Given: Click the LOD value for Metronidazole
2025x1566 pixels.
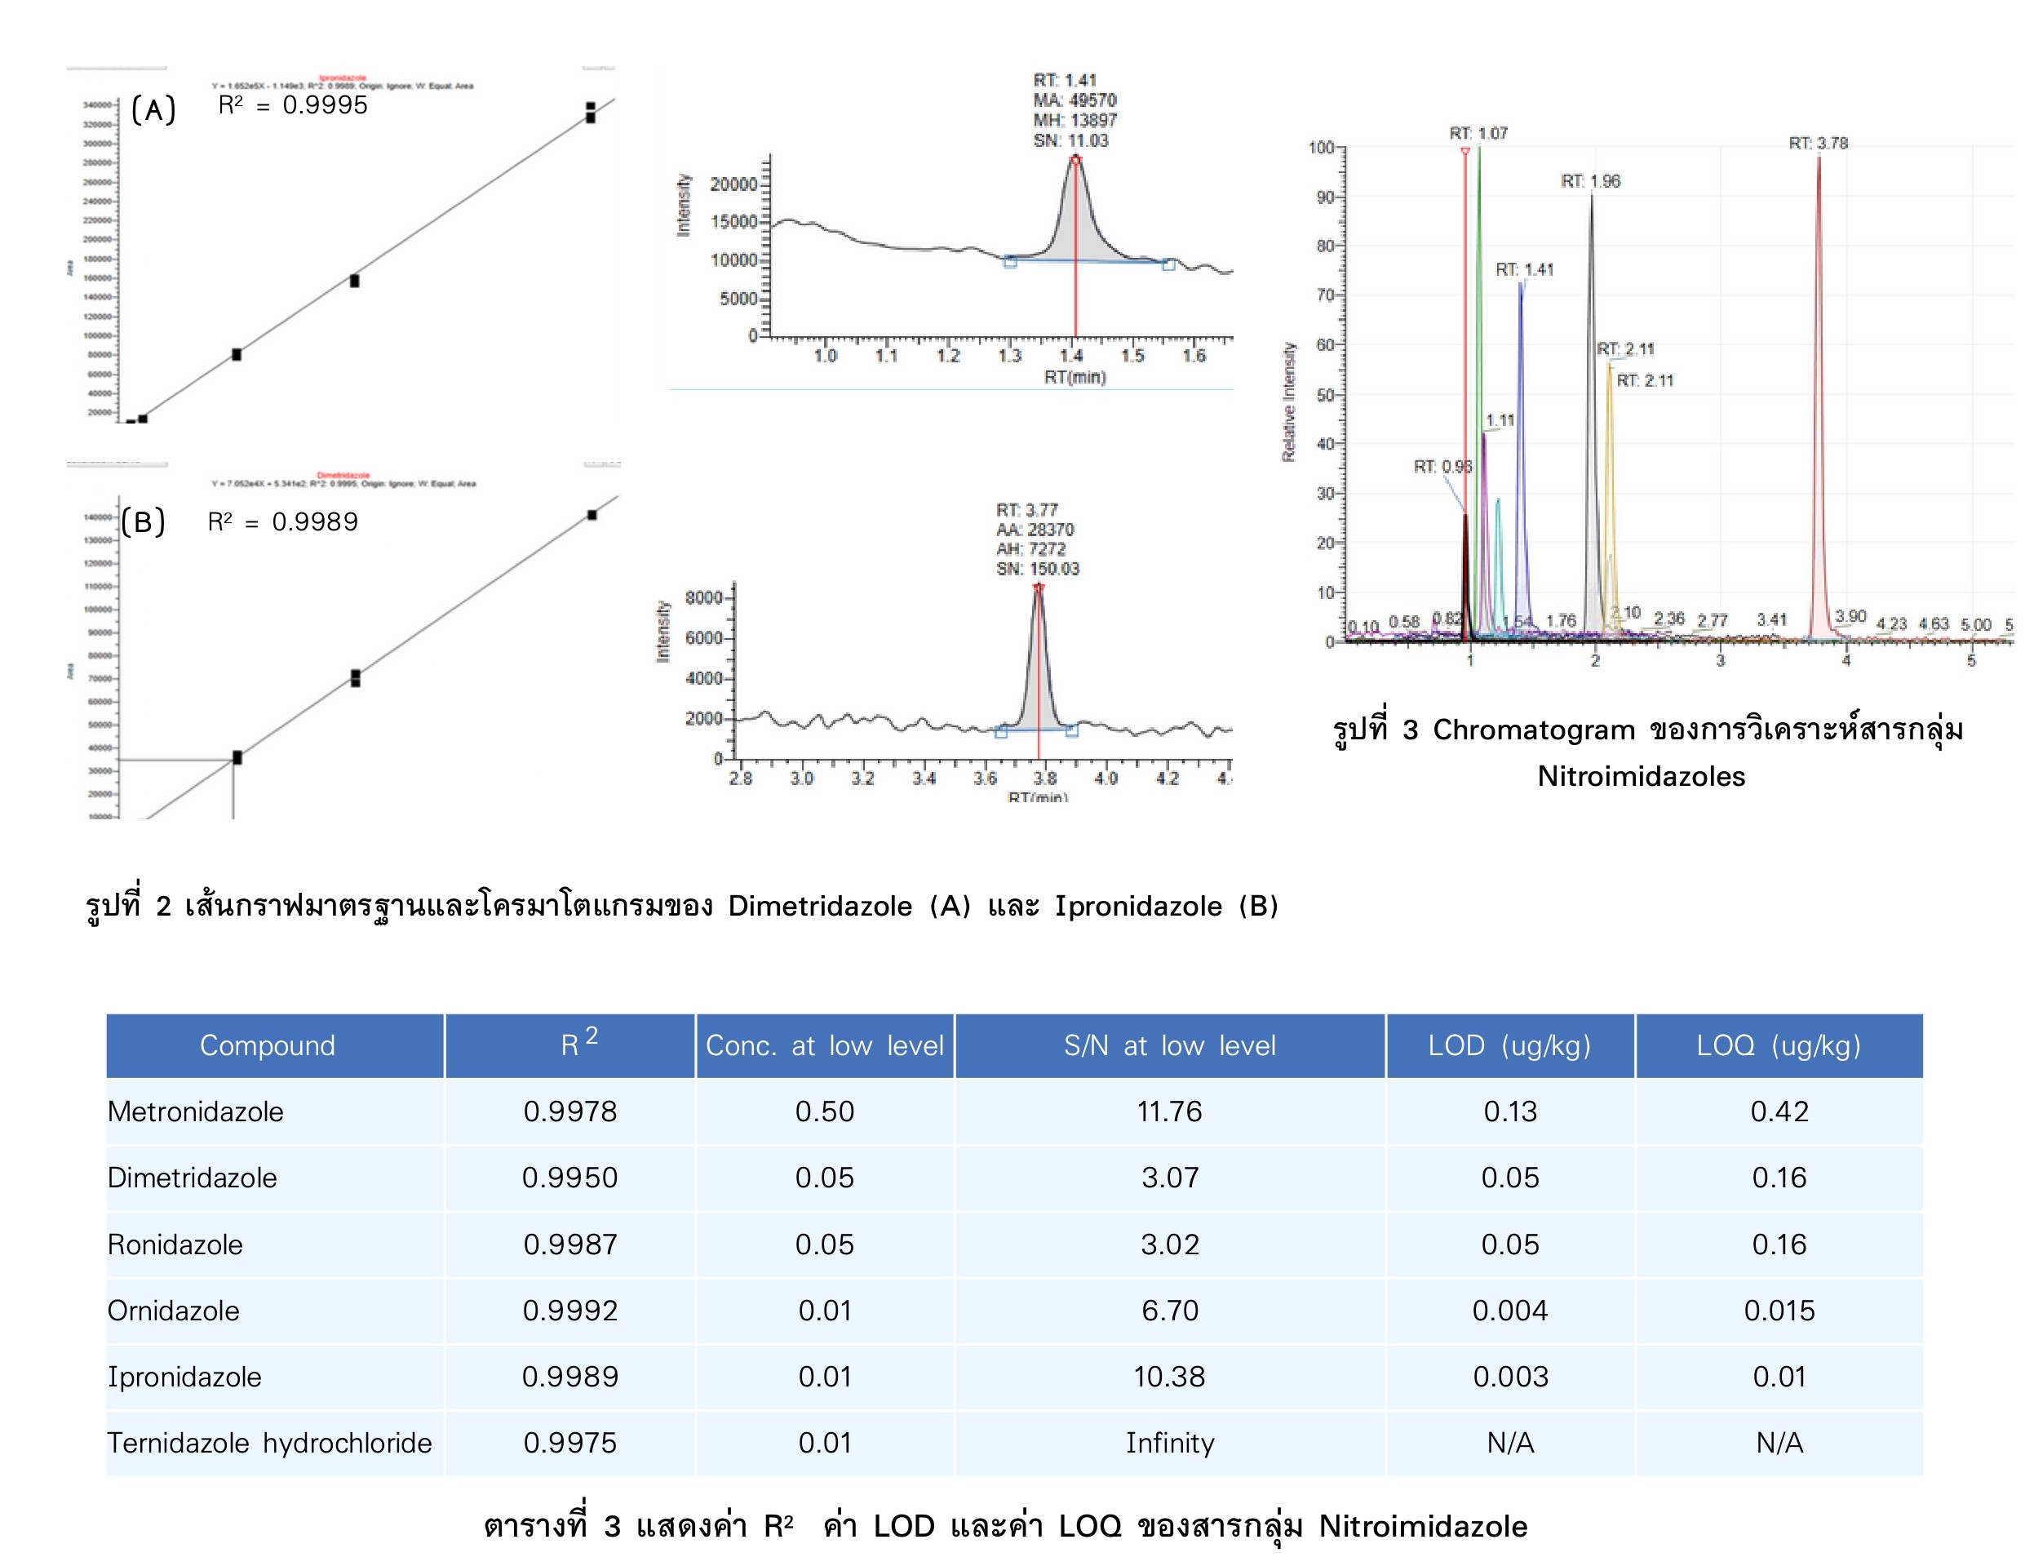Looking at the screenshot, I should tap(1509, 1111).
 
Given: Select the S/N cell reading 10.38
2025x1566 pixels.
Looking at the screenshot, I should tap(1169, 1376).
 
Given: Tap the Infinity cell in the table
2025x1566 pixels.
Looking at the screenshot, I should tap(1169, 1443).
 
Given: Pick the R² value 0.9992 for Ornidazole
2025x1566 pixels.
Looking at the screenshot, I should tap(569, 1310).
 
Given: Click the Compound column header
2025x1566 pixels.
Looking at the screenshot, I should tap(267, 1046).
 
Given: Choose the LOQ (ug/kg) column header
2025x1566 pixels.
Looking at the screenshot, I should tap(1779, 1046).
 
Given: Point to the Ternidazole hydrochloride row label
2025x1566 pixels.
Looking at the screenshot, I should tap(269, 1443).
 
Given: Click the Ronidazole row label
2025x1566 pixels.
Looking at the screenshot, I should tap(175, 1244).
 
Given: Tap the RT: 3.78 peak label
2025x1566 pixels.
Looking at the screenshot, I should tap(1819, 143).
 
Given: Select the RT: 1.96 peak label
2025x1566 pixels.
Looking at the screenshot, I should tap(1590, 181).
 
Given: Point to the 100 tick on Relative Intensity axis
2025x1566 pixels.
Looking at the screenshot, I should tap(1320, 148).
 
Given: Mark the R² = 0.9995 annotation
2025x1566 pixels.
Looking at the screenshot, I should tap(293, 104).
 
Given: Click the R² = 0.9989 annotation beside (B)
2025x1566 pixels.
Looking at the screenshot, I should tap(283, 522).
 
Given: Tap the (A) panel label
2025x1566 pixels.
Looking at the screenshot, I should tap(153, 110).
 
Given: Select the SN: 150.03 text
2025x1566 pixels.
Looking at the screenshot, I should tap(1038, 568).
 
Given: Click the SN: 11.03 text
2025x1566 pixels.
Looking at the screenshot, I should tap(1071, 141).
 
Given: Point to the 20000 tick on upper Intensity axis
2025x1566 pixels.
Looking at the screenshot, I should tap(733, 184).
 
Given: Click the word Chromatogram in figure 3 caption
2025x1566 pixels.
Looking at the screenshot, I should tap(1534, 730).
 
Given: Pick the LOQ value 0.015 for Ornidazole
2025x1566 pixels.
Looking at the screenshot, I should tap(1779, 1310).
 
